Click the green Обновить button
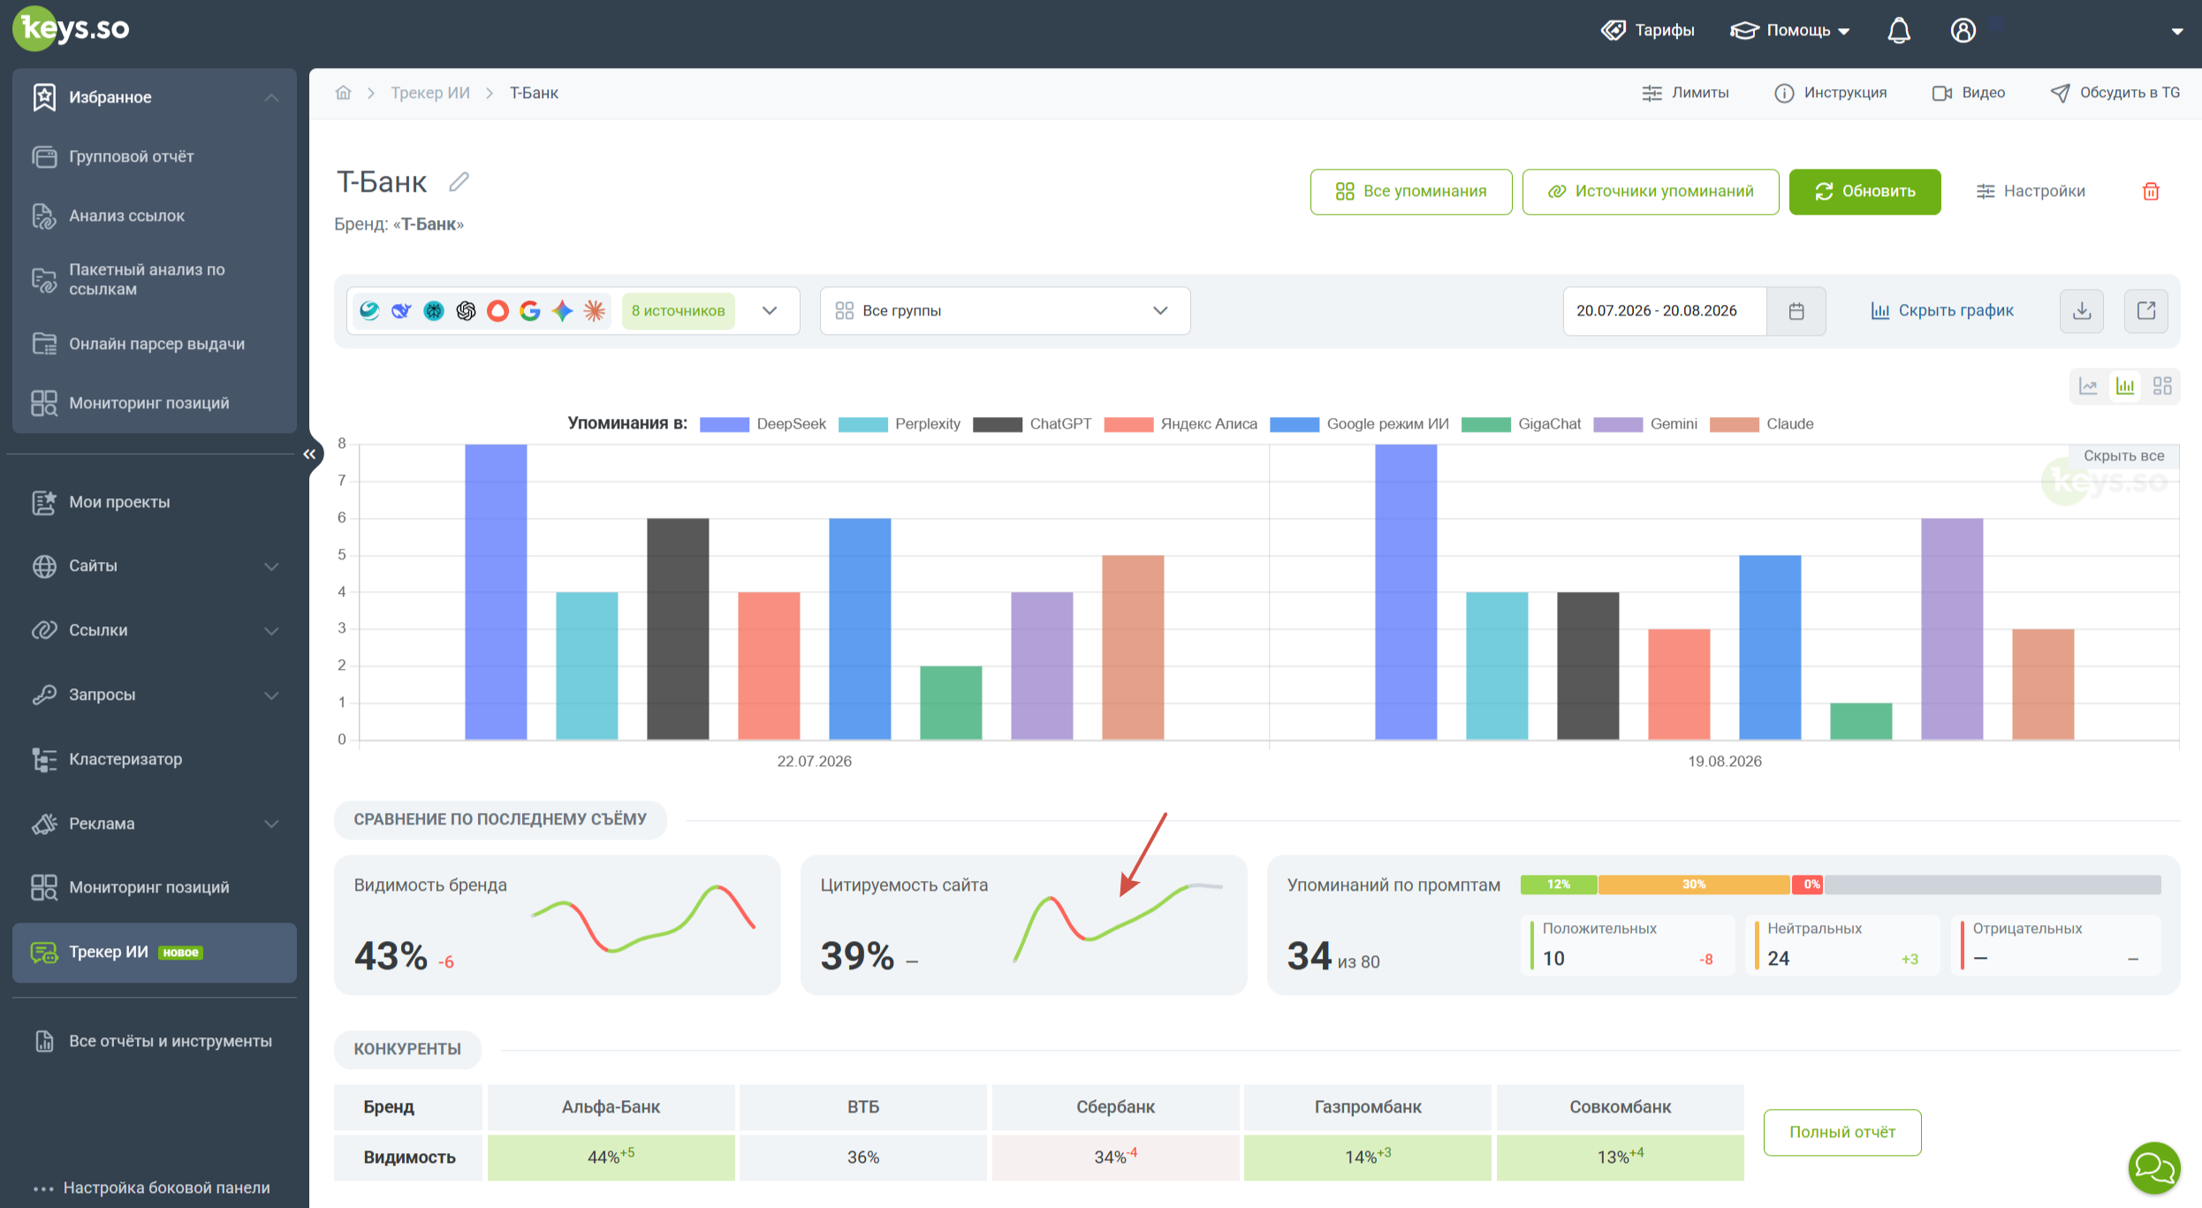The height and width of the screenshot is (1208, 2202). click(1864, 191)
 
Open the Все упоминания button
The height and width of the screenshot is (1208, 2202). click(1410, 191)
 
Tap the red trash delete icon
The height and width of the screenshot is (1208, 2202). click(2151, 191)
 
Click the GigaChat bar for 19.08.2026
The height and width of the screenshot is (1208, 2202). click(1861, 721)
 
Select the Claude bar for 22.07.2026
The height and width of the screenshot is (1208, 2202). click(1133, 647)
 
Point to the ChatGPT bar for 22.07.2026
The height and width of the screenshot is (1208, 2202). click(678, 628)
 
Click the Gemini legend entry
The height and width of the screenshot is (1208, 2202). click(1645, 424)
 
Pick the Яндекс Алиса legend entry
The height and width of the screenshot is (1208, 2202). click(1181, 424)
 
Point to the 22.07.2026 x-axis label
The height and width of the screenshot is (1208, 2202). click(814, 761)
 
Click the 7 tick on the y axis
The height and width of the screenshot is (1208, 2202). click(342, 481)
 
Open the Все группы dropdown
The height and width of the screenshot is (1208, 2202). click(1005, 311)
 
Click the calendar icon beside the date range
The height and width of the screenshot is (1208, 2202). click(1796, 311)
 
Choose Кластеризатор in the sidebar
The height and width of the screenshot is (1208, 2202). click(125, 759)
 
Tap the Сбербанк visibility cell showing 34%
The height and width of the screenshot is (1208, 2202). click(1115, 1157)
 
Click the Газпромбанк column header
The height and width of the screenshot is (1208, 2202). click(1367, 1106)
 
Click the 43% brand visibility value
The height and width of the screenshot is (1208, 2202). click(391, 955)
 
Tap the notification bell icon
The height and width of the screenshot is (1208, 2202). click(1899, 30)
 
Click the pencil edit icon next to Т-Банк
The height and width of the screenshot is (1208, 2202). click(459, 182)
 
